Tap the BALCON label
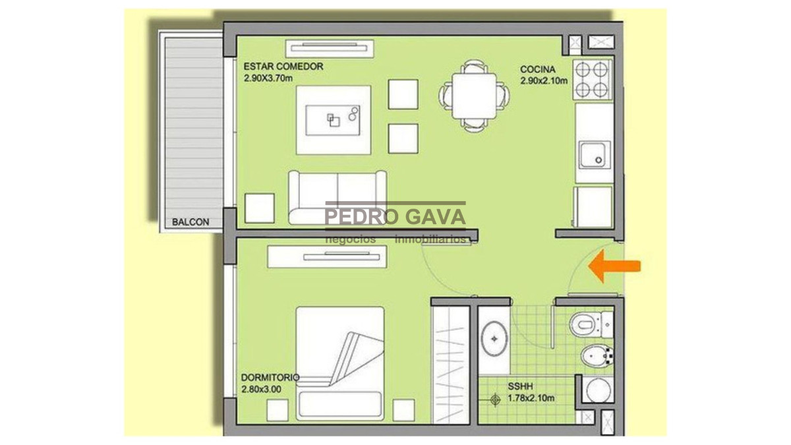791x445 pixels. tap(190, 222)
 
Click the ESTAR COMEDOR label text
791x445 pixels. tap(283, 67)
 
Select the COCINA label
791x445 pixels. tap(537, 69)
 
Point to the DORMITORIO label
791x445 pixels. tap(270, 377)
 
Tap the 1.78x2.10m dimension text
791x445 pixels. tap(531, 398)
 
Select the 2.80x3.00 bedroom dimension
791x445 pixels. tap(261, 389)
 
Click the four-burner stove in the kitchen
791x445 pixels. tap(593, 79)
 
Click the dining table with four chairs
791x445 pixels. tap(474, 96)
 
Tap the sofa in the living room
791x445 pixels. tap(337, 196)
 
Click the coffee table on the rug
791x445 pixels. tap(334, 119)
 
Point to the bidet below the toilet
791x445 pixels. tap(596, 357)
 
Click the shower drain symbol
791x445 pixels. tap(496, 398)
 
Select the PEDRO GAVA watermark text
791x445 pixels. tap(395, 216)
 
